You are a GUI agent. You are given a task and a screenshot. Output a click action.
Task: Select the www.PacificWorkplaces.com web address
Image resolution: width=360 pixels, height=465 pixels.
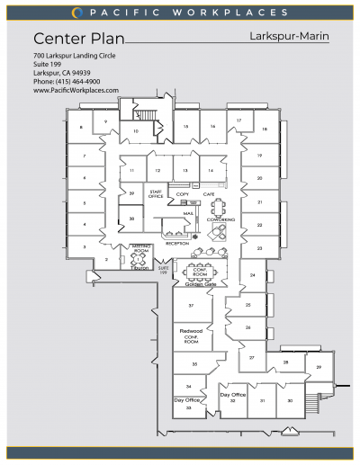pyautogui.click(x=76, y=90)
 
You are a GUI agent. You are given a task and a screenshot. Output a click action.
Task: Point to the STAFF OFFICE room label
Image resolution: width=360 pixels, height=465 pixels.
pyautogui.click(x=155, y=194)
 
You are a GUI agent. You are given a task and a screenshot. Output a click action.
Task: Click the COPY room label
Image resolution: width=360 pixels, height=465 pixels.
pyautogui.click(x=183, y=194)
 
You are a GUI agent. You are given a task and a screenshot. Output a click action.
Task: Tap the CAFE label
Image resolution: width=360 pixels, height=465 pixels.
pyautogui.click(x=208, y=194)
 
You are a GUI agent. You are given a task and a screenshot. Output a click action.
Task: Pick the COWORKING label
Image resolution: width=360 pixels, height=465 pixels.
pyautogui.click(x=220, y=219)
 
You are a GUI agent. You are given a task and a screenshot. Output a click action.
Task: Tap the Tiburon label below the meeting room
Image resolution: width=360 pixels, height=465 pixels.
pyautogui.click(x=141, y=267)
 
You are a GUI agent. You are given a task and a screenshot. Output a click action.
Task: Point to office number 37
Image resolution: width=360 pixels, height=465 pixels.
pyautogui.click(x=191, y=306)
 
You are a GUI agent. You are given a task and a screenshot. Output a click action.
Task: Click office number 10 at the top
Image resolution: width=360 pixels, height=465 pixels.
pyautogui.click(x=136, y=131)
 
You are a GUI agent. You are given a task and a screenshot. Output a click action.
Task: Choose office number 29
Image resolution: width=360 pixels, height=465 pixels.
pyautogui.click(x=318, y=367)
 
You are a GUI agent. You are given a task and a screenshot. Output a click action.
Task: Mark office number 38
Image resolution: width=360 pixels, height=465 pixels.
pyautogui.click(x=131, y=219)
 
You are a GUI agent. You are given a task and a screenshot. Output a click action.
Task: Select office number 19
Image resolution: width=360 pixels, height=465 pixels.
pyautogui.click(x=258, y=156)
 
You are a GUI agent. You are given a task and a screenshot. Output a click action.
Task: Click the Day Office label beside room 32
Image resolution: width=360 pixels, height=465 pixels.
pyautogui.click(x=232, y=394)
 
